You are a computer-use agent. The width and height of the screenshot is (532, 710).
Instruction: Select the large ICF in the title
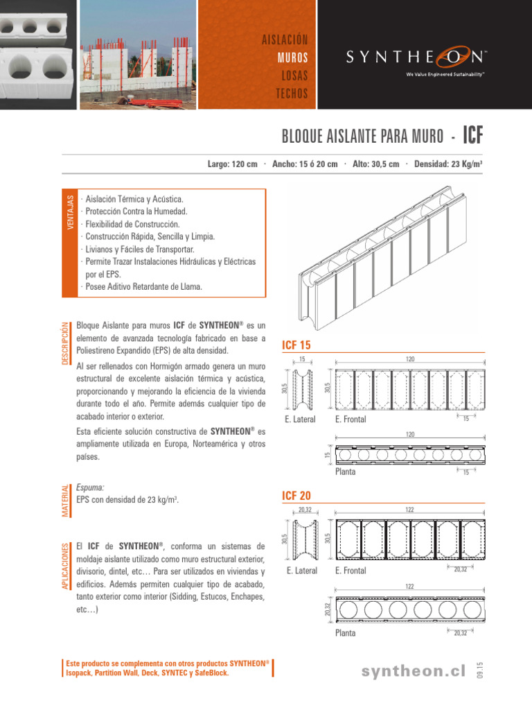tap(472, 135)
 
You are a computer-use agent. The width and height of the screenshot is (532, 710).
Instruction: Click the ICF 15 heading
tap(297, 345)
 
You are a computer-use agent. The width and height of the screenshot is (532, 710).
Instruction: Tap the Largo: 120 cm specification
tap(233, 164)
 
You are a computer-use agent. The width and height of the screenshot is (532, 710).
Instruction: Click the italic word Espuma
tap(90, 487)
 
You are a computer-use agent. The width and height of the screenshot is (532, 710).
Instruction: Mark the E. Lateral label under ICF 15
tap(300, 419)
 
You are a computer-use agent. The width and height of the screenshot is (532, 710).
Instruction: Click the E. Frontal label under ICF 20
tap(351, 571)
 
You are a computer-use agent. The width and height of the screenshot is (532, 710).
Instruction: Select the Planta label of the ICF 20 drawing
tap(345, 633)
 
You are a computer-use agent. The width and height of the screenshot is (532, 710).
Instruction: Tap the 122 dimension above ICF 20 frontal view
tap(409, 510)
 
